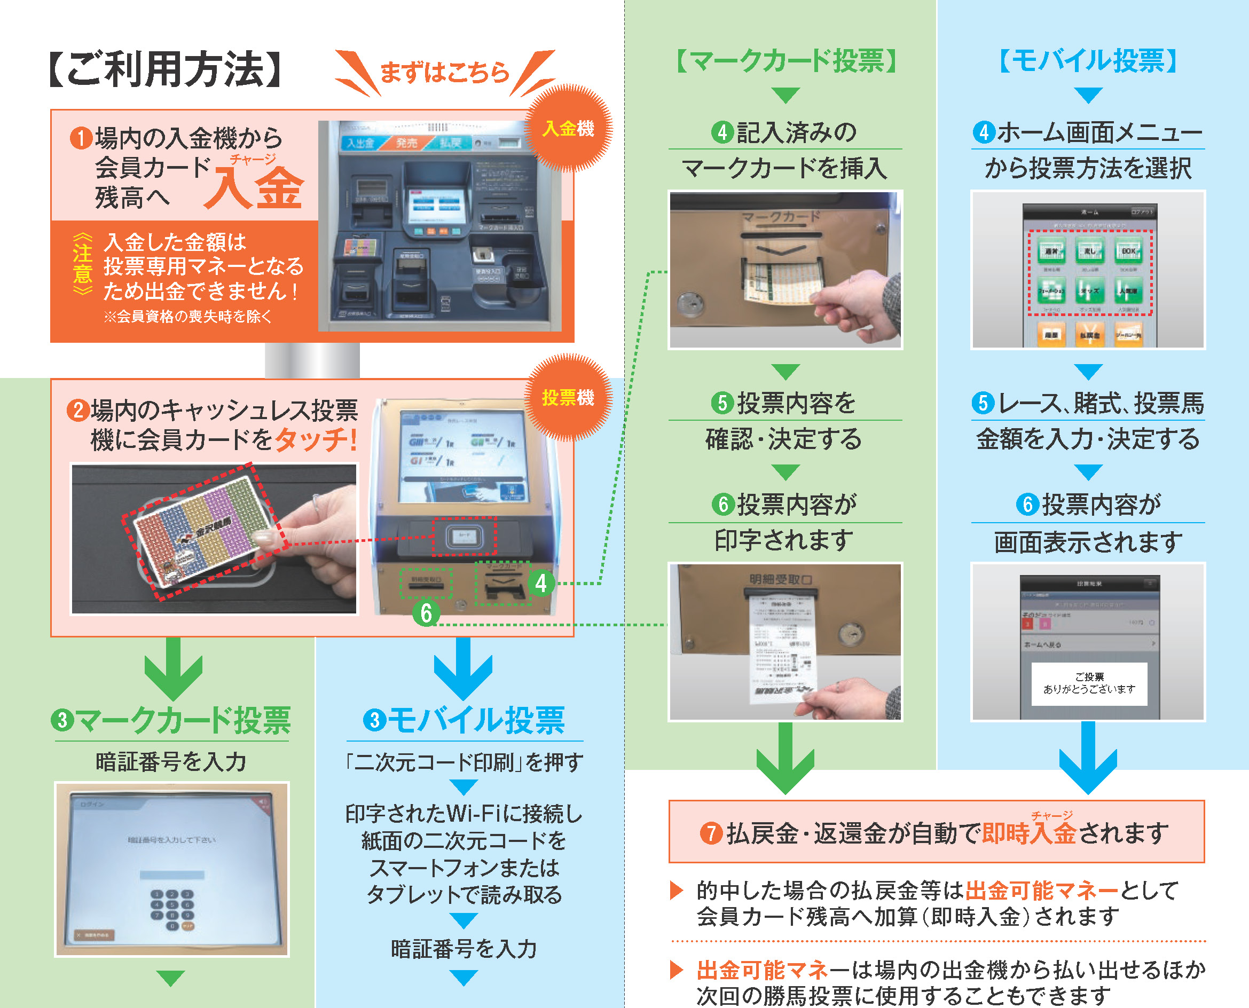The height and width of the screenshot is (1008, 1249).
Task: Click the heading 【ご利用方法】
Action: point(164,69)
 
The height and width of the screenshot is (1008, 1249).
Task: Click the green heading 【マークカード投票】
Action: point(786,61)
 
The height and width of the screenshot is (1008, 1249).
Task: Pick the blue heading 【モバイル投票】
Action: point(1088,61)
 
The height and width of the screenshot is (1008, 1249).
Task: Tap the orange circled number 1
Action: point(81,138)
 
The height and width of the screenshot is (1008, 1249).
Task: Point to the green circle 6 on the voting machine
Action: point(426,613)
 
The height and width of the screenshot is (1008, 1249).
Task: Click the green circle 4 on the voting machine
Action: point(540,583)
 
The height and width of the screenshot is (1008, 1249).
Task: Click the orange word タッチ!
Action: point(315,439)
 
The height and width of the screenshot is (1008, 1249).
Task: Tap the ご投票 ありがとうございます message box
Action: point(1089,683)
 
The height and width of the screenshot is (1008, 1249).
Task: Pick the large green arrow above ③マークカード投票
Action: point(173,668)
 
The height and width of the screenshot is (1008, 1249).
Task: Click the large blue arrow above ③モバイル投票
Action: point(463,668)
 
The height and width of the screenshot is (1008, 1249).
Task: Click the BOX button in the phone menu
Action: point(1128,251)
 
